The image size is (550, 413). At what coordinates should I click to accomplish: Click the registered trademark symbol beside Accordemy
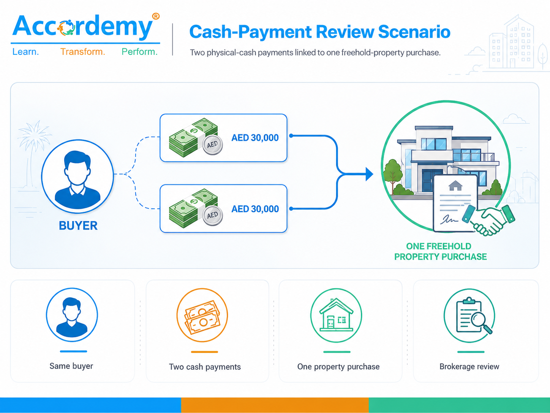(156, 16)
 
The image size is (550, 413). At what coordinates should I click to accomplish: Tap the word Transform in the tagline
(82, 52)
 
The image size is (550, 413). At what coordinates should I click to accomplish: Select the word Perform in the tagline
(139, 52)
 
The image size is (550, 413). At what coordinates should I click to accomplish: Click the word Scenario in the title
(414, 32)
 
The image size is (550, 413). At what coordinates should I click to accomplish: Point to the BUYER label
(78, 226)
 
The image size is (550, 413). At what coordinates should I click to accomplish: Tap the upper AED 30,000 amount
(255, 138)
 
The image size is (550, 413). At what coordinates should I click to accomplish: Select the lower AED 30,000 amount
(255, 209)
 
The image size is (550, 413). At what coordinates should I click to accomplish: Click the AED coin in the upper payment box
(212, 145)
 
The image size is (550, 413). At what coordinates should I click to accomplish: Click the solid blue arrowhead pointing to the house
(369, 174)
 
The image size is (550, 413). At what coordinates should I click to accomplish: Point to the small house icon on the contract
(455, 186)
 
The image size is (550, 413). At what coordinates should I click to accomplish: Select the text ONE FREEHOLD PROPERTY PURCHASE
(440, 251)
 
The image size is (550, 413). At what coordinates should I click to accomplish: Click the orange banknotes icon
(202, 317)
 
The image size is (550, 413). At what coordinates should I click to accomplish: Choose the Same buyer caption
(71, 366)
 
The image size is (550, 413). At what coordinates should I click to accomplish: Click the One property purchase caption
(338, 367)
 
